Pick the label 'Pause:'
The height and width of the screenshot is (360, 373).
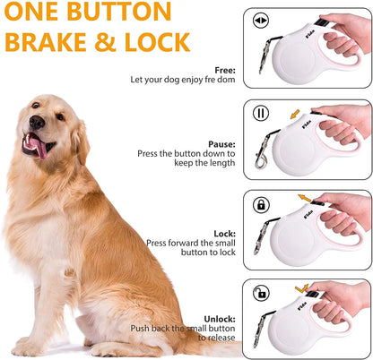(221, 143)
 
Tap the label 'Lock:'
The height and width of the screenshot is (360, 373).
(224, 233)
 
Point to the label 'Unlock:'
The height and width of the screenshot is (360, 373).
(220, 318)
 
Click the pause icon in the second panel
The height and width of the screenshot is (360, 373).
(261, 114)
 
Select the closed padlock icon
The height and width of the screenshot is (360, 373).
(261, 204)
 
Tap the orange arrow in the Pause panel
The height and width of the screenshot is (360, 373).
(296, 114)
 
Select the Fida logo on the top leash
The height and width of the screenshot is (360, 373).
(304, 42)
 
